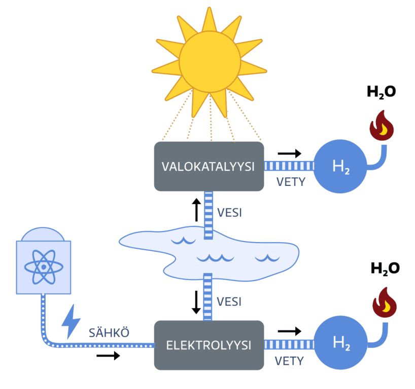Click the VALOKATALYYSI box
tap(208, 166)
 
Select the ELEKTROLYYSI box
tap(209, 345)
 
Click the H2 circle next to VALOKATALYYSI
tap(340, 166)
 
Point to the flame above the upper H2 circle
tap(382, 125)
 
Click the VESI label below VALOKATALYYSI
tap(229, 213)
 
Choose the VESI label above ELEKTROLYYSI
tap(229, 301)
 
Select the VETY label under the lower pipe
tap(289, 361)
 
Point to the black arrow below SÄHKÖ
tap(108, 356)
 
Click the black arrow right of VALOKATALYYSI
tap(290, 153)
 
